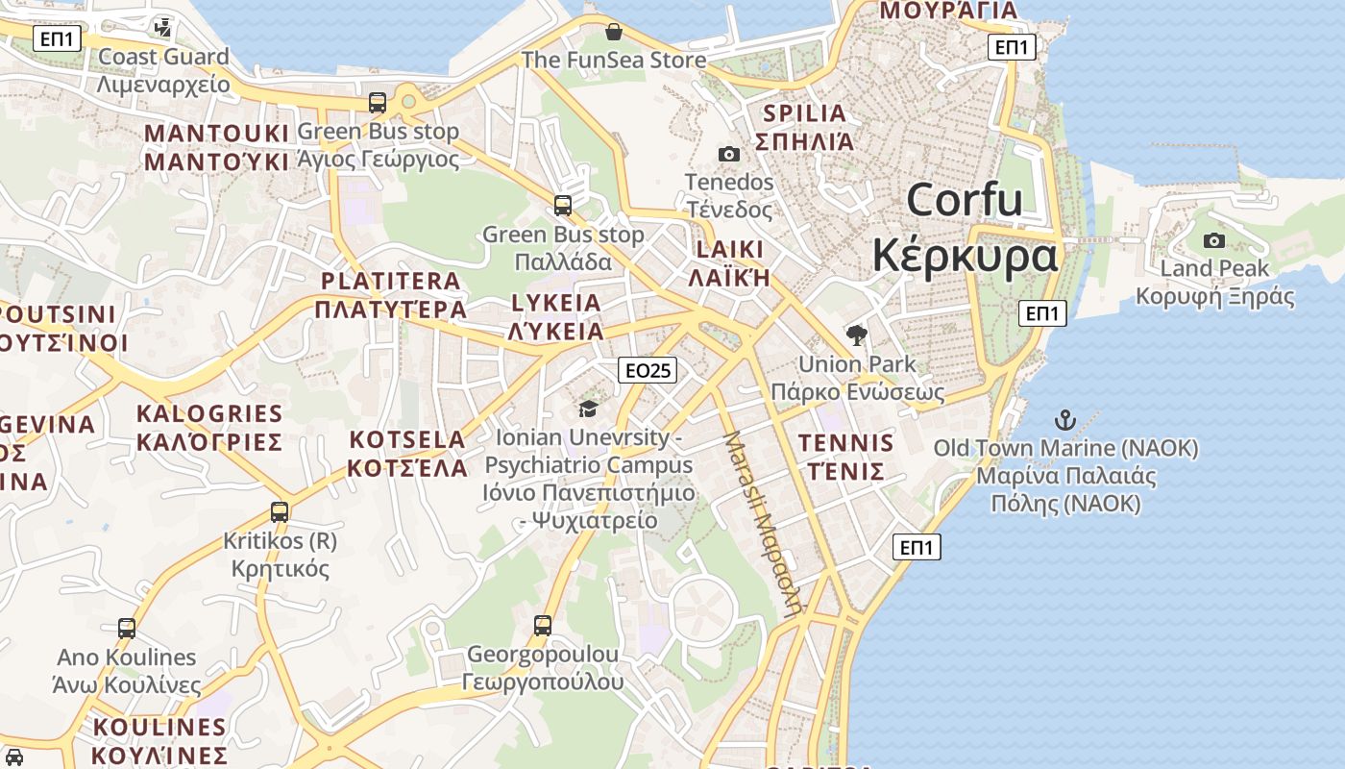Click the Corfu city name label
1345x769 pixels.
tap(965, 228)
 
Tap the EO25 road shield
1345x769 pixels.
tap(648, 370)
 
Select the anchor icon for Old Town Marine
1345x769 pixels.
tap(1064, 420)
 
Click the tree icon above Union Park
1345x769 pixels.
tap(856, 335)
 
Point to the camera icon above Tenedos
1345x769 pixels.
tap(729, 154)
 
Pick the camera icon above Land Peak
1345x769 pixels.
tap(1214, 240)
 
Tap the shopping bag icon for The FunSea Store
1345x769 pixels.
tap(614, 32)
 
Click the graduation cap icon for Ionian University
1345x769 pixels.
tap(588, 409)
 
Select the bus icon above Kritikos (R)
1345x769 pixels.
tap(280, 511)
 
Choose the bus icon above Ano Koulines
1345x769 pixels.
tap(127, 629)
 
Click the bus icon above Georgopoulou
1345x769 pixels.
tap(543, 626)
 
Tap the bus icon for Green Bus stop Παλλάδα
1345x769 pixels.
tap(563, 205)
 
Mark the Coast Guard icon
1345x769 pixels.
tap(163, 27)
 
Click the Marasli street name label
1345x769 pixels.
tap(763, 524)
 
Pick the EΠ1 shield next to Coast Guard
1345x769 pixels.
tap(58, 39)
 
